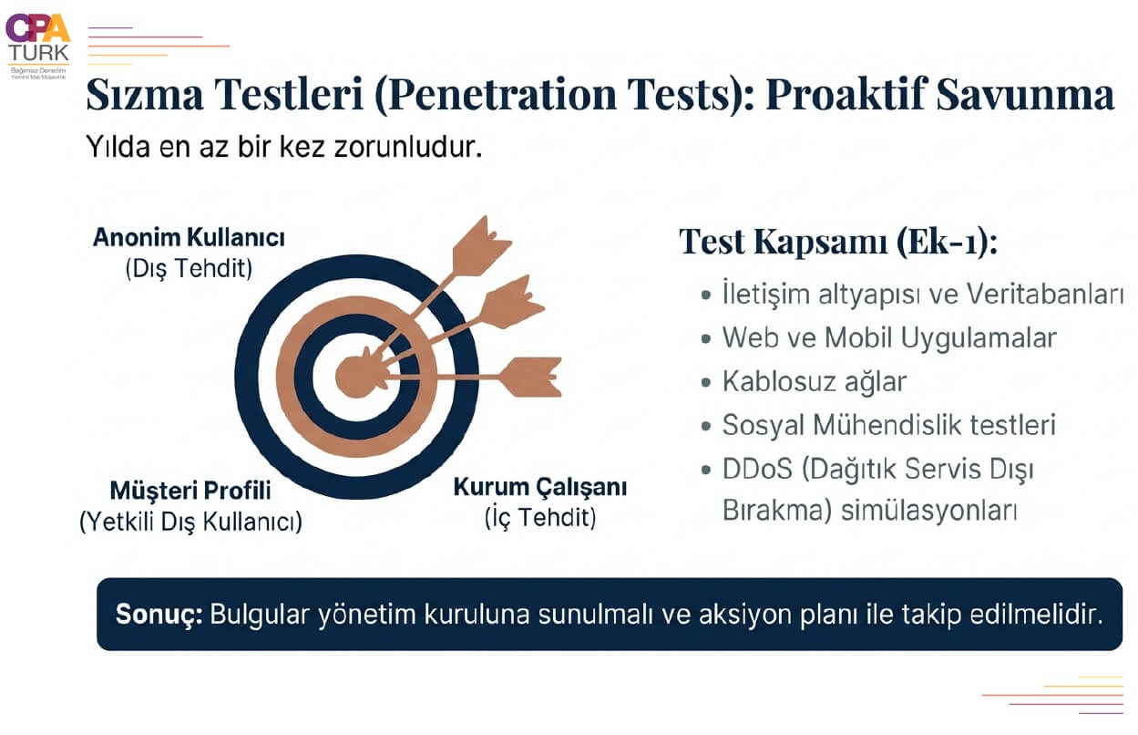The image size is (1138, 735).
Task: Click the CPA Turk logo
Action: click(x=38, y=47)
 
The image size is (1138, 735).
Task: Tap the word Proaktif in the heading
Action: click(x=846, y=94)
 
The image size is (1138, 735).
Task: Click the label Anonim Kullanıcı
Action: click(x=189, y=237)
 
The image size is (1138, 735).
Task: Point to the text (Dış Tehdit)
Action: click(x=189, y=268)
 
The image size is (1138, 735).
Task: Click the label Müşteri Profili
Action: click(x=190, y=491)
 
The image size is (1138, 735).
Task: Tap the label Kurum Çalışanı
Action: click(x=540, y=486)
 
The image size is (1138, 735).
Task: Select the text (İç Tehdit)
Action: click(x=540, y=517)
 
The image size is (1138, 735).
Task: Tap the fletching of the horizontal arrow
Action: click(x=531, y=377)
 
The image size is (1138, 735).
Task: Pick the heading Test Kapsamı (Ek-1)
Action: click(x=838, y=241)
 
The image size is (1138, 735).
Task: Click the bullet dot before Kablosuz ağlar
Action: click(x=705, y=382)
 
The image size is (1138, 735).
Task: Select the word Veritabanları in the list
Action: click(x=1044, y=295)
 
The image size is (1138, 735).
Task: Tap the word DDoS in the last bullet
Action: click(x=757, y=469)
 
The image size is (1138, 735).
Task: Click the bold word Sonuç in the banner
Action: click(x=159, y=614)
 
